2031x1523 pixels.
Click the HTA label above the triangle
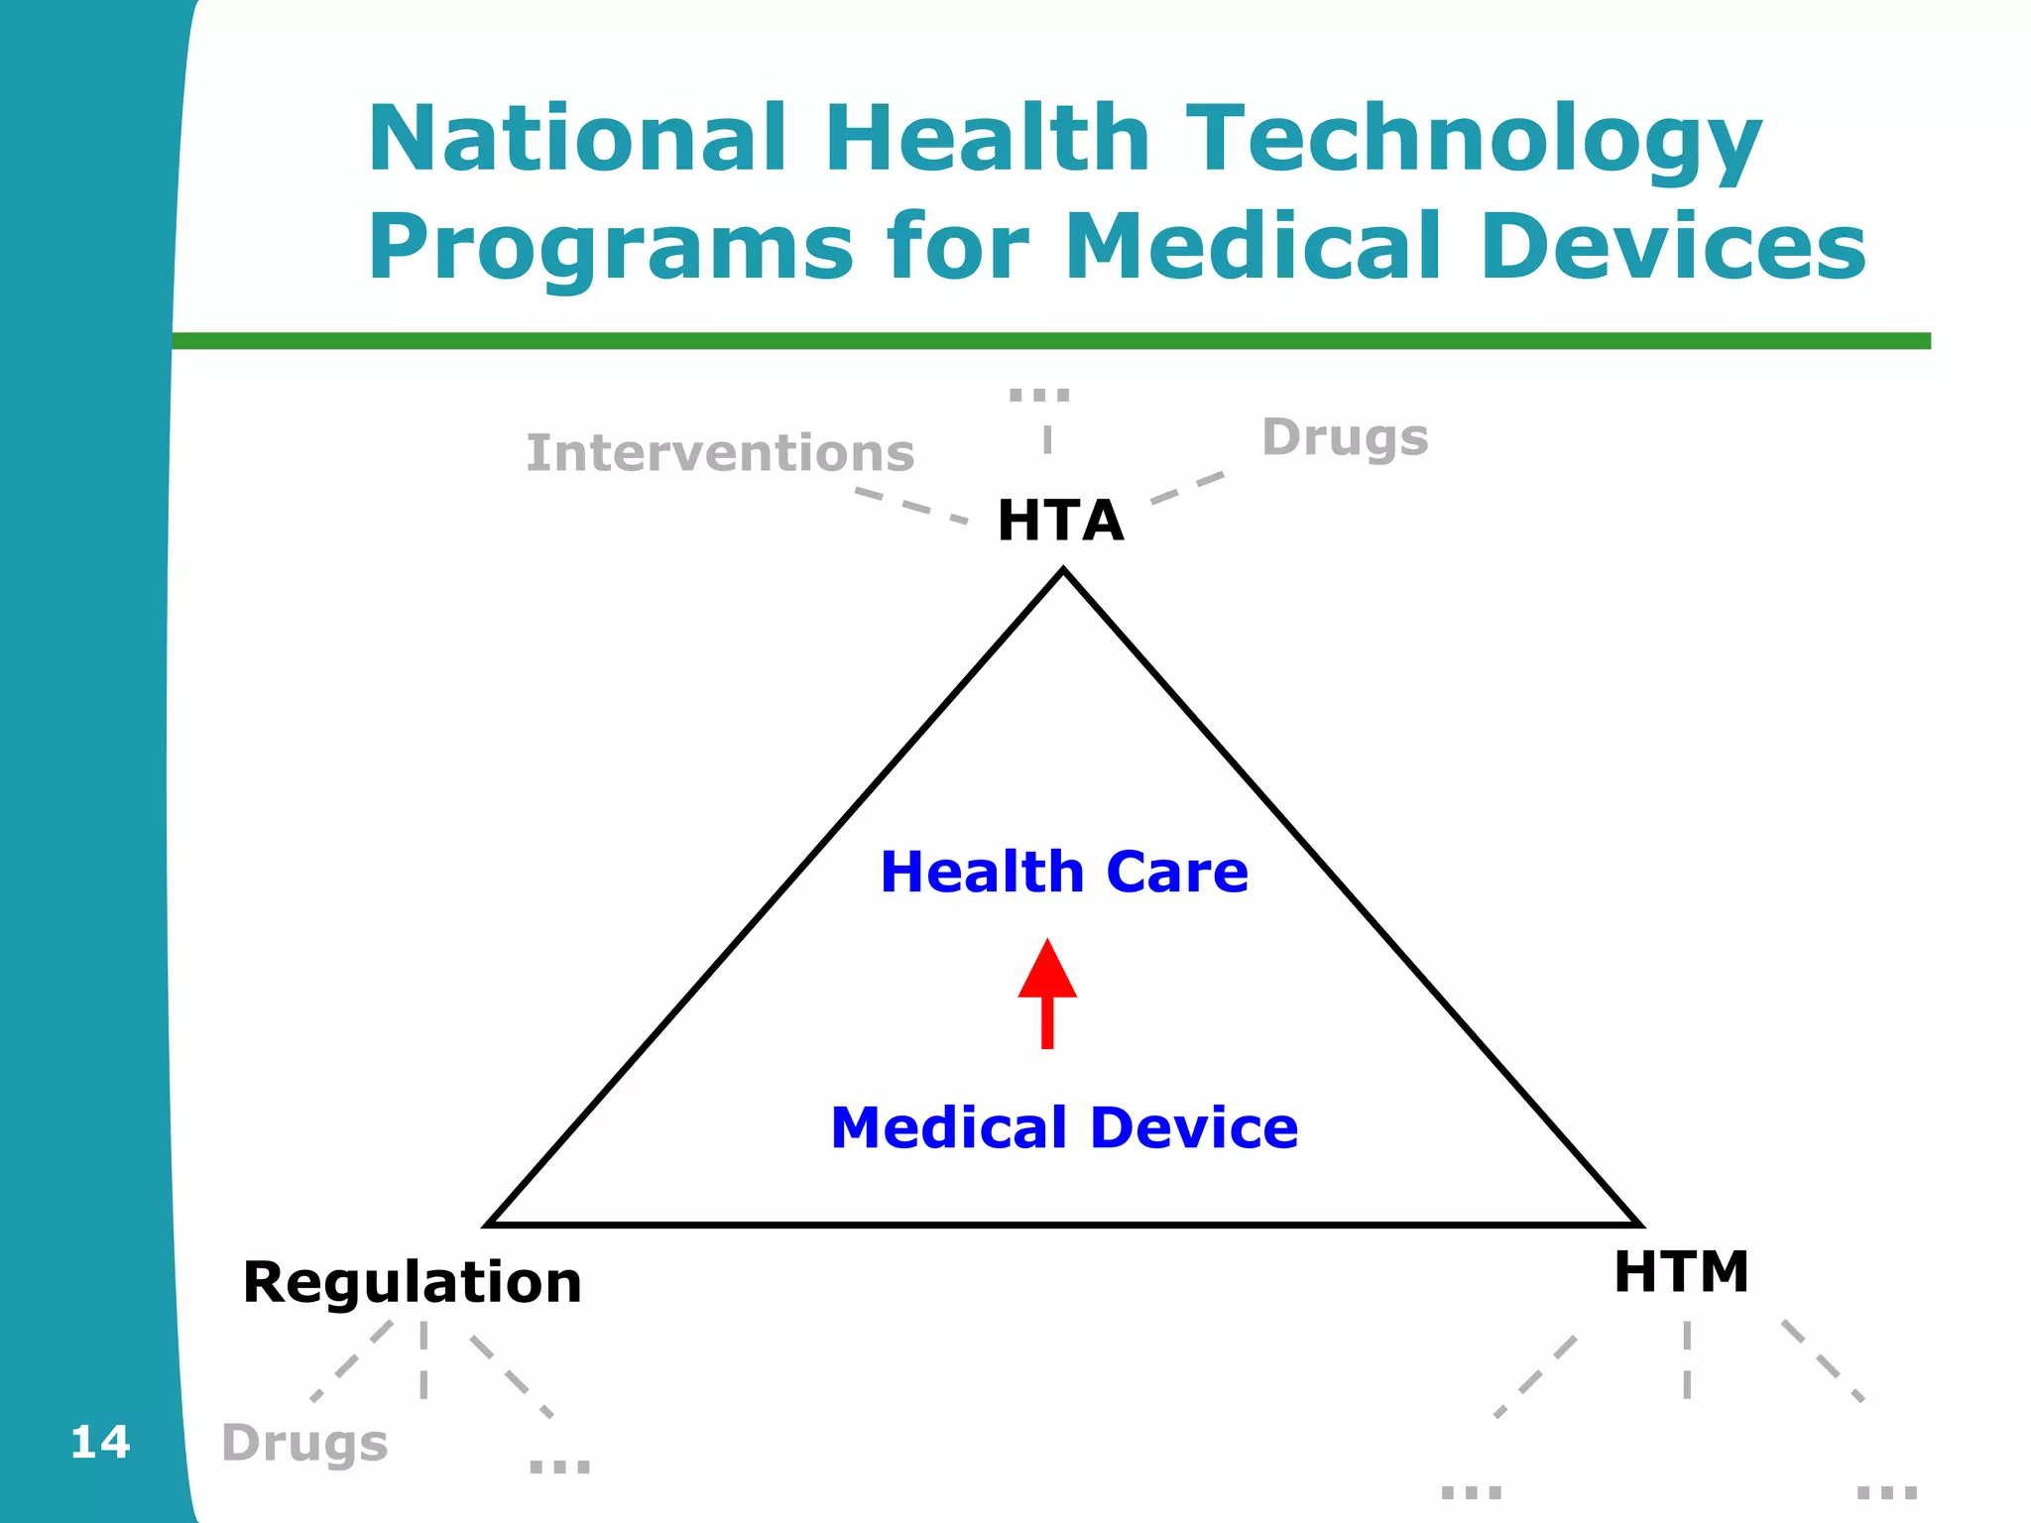(x=1060, y=521)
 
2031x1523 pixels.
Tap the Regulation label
(x=412, y=1282)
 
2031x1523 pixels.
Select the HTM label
(x=1681, y=1272)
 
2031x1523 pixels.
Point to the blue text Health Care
(x=1064, y=872)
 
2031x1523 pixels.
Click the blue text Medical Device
(x=1064, y=1128)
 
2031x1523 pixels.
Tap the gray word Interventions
(x=720, y=453)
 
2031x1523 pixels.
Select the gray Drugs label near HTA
(x=1345, y=438)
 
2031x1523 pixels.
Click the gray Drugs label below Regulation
(x=304, y=1443)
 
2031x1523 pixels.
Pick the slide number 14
(x=100, y=1442)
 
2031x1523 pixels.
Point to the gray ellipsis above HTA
(x=1039, y=395)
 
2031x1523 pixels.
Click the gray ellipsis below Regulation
(x=559, y=1465)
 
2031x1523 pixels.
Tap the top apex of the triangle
(x=1063, y=572)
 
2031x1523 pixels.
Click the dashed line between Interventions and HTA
(x=910, y=505)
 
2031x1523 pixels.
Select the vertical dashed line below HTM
(x=1686, y=1358)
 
